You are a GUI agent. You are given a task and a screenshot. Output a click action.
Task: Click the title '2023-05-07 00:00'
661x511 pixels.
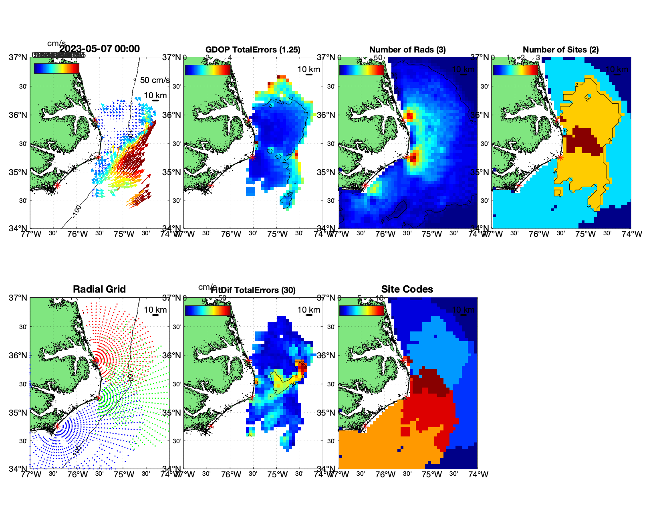[x=99, y=49]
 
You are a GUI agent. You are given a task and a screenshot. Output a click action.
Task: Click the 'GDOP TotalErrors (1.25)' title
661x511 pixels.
[x=253, y=50]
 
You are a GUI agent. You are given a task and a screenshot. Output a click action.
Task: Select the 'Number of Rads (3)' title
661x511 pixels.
[x=407, y=50]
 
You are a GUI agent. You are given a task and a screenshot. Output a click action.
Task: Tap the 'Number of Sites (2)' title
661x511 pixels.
[x=561, y=50]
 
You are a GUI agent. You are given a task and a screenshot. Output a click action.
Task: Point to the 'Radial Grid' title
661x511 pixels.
[x=99, y=289]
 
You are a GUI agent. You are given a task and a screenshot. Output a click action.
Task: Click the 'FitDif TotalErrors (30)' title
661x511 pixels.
[x=254, y=290]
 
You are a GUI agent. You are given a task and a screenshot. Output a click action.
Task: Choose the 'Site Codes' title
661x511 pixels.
[x=407, y=289]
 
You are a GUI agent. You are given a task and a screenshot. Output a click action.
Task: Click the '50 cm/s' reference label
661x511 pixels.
[x=155, y=80]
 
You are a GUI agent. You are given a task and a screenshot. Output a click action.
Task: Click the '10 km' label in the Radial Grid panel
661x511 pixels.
[x=155, y=310]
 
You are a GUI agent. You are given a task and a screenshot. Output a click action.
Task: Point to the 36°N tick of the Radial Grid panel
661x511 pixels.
[x=18, y=355]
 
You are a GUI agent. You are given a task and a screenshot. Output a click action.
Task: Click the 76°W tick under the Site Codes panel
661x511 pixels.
[x=385, y=475]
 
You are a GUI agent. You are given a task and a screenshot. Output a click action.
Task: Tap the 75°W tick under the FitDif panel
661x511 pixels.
[x=278, y=475]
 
